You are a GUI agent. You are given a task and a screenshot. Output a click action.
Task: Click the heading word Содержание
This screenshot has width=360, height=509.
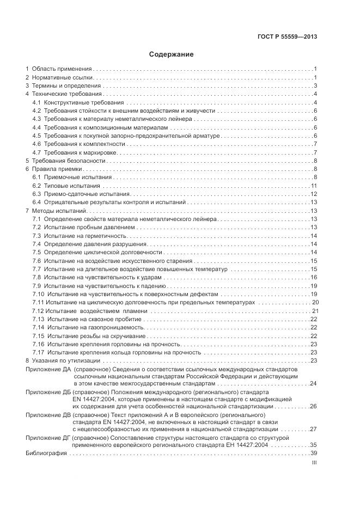172,54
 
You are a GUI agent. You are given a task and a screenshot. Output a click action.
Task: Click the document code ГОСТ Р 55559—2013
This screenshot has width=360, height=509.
288,37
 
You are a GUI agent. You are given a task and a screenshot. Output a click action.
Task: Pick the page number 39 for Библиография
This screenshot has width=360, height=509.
314,453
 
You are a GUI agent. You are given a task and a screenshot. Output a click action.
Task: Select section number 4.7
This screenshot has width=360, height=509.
36,152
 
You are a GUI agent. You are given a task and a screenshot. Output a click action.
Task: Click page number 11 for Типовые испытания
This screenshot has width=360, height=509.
314,186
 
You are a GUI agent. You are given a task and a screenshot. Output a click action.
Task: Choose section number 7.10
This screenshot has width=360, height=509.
38,294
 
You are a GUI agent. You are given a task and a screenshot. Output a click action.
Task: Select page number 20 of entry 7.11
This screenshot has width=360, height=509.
315,302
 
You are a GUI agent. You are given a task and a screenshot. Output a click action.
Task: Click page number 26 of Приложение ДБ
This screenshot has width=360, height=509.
314,406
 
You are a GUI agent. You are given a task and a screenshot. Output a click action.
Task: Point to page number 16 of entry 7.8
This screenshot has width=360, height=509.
314,277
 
